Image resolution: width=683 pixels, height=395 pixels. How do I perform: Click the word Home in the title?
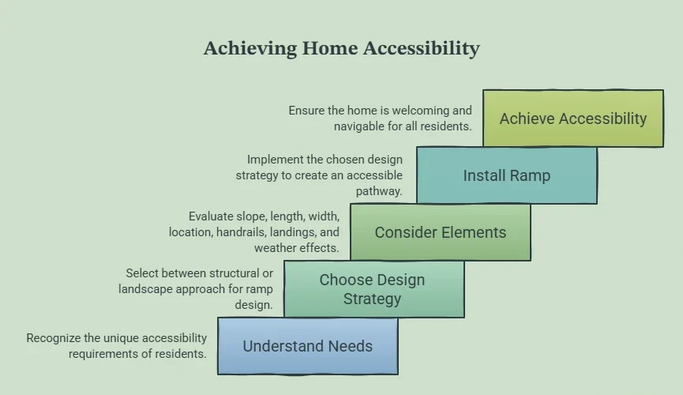330,47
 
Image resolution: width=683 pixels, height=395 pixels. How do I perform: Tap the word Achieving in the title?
250,48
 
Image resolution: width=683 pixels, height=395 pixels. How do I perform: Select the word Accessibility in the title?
421,48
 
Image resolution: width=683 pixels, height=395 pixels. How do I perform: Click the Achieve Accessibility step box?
573,118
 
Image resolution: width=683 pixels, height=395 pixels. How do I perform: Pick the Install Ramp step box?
507,175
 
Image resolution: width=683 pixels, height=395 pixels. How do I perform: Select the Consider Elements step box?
441,232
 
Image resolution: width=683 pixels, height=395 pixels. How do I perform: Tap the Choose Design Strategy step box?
374,289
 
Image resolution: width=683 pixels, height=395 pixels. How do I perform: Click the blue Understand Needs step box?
307,346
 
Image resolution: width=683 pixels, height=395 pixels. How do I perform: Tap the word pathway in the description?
378,191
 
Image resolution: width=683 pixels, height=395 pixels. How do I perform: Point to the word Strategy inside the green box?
372,299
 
